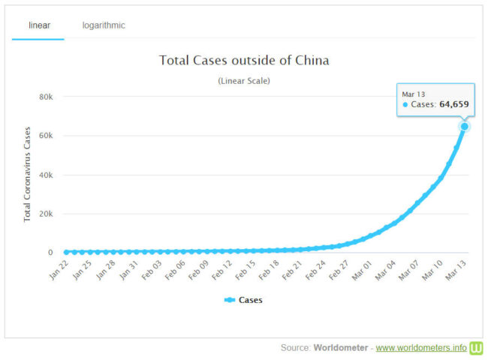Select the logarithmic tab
104,25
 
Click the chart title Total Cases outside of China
244,60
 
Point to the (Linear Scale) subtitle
244,80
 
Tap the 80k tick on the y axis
46,97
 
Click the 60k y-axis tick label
46,136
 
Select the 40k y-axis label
46,175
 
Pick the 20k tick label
46,214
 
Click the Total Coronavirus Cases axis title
28,175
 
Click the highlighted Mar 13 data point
465,127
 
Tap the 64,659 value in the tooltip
453,104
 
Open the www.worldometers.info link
420,348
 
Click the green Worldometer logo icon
477,348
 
